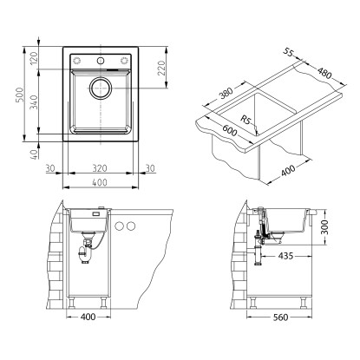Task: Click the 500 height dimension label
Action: tap(19, 95)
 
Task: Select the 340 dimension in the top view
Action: tap(35, 101)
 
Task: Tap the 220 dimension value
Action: tap(161, 68)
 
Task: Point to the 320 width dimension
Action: tap(100, 168)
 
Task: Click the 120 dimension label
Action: tap(35, 58)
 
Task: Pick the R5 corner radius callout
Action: tap(246, 120)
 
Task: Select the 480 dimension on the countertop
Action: tap(324, 73)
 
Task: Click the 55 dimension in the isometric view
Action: tap(288, 52)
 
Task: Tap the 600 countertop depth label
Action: tap(230, 130)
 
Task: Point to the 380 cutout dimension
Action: tap(226, 93)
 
